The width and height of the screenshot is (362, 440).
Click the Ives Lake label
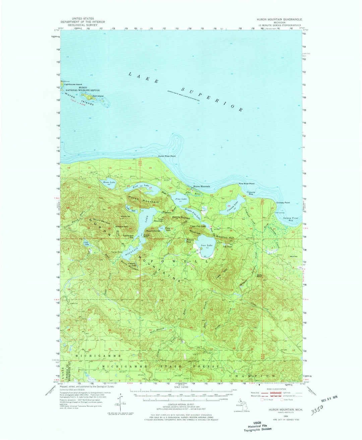tap(206, 246)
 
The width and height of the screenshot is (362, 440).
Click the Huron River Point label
tap(167, 156)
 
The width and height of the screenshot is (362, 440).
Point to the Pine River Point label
tap(246, 184)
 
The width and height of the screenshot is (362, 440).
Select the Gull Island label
tap(98, 96)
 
